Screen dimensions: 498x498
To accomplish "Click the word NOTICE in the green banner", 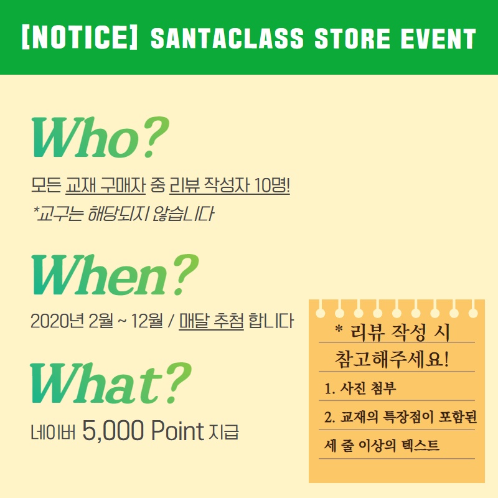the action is (80, 38).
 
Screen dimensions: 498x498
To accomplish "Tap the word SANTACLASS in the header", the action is (227, 39).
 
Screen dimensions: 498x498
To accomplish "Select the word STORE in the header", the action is (352, 39).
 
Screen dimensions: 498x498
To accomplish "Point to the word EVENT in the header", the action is (438, 39).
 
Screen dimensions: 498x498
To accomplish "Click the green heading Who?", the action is (100, 137).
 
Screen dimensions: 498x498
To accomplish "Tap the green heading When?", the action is (115, 275).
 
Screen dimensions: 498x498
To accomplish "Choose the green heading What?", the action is (111, 383).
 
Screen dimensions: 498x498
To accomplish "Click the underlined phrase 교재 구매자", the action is (105, 185).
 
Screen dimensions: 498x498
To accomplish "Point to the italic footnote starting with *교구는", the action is (123, 214).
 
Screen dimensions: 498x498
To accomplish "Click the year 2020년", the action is (56, 321).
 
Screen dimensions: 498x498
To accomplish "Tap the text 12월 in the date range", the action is (147, 321).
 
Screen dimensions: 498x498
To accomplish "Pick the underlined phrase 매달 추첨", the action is (212, 321).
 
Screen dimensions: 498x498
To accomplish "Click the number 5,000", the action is (113, 430).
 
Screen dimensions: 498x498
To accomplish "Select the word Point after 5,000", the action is (177, 430).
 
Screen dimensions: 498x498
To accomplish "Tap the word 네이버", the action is (53, 432).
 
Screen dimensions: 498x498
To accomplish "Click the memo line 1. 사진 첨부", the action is (360, 388).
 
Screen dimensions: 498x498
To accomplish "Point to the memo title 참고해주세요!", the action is (392, 360).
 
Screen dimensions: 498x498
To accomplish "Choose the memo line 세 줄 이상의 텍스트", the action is (382, 445).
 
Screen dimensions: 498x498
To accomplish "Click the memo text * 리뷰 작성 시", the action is (393, 332).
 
